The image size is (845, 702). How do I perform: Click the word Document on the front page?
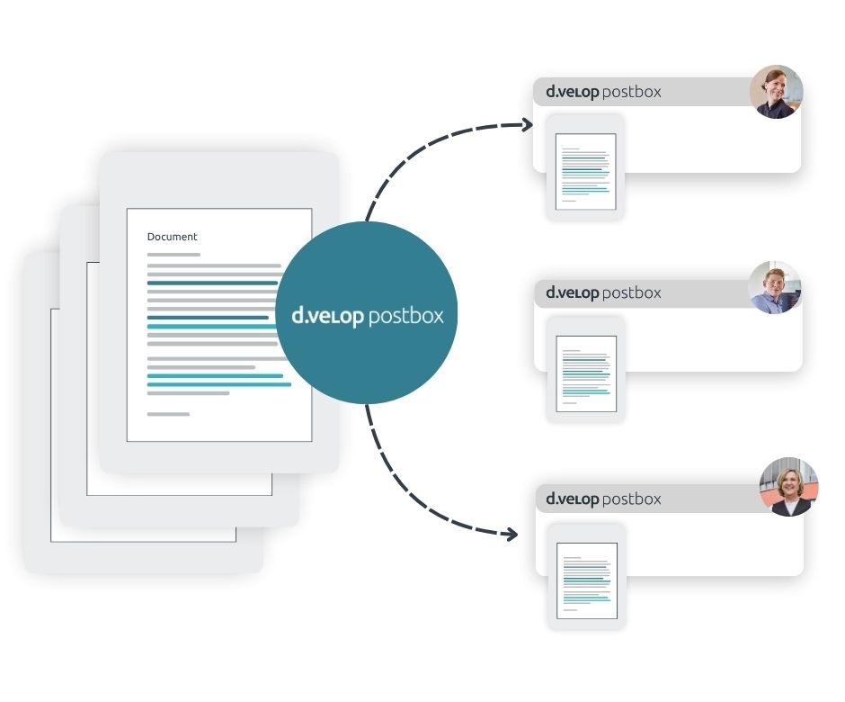point(172,237)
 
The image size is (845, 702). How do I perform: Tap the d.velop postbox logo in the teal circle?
point(368,316)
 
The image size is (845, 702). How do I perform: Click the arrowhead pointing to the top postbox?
point(527,125)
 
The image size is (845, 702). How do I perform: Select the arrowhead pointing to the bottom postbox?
point(511,535)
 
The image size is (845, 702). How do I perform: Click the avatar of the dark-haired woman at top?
point(776,92)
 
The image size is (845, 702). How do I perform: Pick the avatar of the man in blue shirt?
point(774,288)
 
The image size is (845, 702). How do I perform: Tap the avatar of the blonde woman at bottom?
point(788,487)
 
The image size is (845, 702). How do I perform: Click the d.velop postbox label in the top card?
point(603,92)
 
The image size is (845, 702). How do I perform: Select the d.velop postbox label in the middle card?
point(603,293)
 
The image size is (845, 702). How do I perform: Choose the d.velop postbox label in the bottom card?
point(603,499)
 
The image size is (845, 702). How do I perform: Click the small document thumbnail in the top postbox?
point(586,172)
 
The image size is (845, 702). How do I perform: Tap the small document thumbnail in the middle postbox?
point(586,373)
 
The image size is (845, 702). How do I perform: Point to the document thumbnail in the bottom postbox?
point(587,580)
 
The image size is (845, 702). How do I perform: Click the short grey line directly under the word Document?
point(173,255)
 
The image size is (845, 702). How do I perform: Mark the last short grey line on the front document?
point(168,414)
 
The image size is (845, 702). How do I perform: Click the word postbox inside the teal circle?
point(405,316)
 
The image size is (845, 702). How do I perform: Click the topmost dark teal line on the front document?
point(212,283)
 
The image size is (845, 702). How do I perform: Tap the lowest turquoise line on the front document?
point(219,384)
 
